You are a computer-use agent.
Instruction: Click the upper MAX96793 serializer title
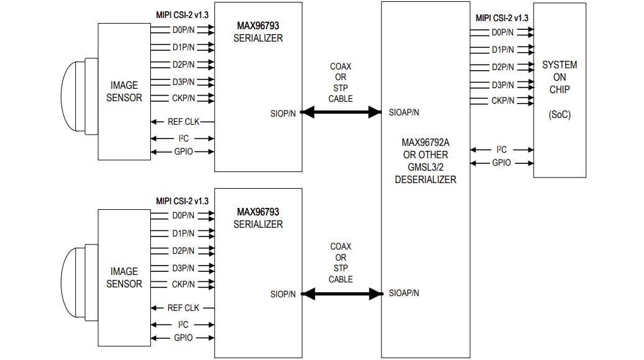pyautogui.click(x=258, y=27)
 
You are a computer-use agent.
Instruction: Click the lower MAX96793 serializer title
pyautogui.click(x=258, y=212)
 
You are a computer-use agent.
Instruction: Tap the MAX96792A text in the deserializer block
pyautogui.click(x=425, y=143)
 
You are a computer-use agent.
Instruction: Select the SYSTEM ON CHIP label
pyautogui.click(x=559, y=77)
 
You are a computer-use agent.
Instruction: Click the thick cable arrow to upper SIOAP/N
pyautogui.click(x=341, y=112)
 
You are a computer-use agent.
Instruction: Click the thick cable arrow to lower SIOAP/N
pyautogui.click(x=341, y=293)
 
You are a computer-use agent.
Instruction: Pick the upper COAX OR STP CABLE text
pyautogui.click(x=340, y=82)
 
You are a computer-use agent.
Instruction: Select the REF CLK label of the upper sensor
pyautogui.click(x=183, y=122)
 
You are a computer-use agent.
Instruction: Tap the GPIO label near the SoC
pyautogui.click(x=501, y=163)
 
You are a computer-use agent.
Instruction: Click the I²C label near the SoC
pyautogui.click(x=502, y=150)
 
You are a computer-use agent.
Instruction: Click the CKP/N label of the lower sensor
pyautogui.click(x=183, y=284)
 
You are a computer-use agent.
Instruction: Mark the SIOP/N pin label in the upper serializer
pyautogui.click(x=283, y=112)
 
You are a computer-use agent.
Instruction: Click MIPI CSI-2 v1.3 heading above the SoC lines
pyautogui.click(x=502, y=18)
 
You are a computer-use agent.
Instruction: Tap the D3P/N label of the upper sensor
pyautogui.click(x=183, y=81)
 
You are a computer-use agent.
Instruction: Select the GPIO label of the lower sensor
pyautogui.click(x=183, y=338)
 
